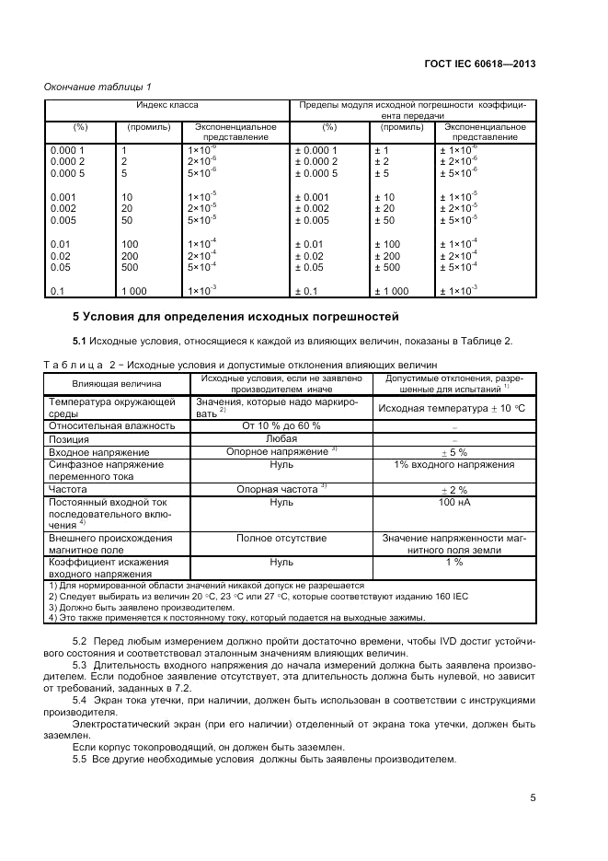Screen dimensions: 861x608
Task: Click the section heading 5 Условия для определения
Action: click(235, 318)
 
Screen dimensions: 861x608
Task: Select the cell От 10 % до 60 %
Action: click(281, 426)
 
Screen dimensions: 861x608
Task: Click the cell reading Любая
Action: click(281, 439)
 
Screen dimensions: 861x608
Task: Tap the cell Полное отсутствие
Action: click(281, 537)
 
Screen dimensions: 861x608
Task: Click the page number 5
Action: click(533, 798)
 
